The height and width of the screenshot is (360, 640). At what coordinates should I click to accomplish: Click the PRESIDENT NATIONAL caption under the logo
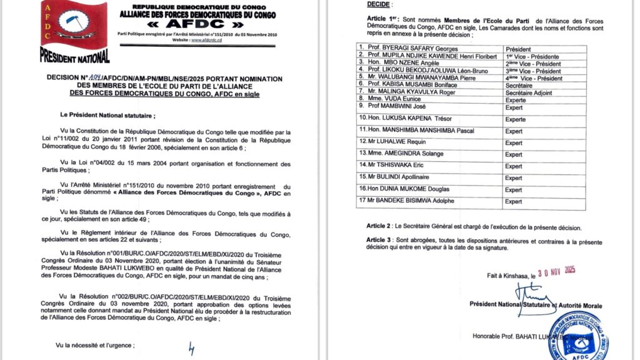(x=74, y=57)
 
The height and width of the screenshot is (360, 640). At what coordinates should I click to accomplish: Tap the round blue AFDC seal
(x=577, y=336)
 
